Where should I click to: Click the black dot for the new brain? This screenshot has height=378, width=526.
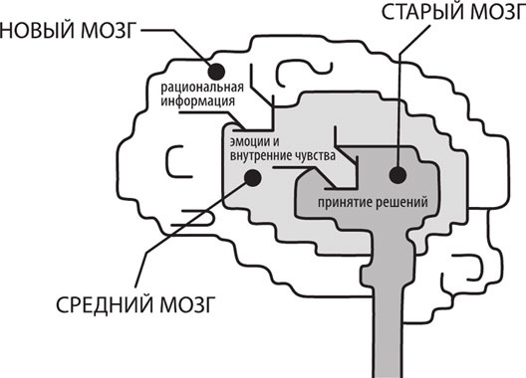(x=216, y=70)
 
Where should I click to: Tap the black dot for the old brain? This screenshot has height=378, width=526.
(x=397, y=175)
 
